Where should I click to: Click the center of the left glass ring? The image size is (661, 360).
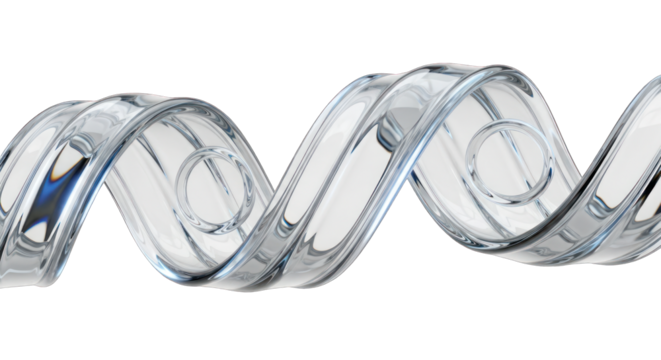point(214,189)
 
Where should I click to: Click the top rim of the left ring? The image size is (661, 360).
point(214,150)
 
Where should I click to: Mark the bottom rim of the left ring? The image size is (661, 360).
point(214,229)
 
